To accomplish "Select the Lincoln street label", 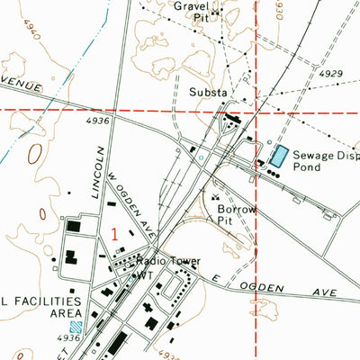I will pos(99,168).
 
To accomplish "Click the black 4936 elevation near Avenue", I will pos(99,119).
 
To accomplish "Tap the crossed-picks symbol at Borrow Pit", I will pos(215,196).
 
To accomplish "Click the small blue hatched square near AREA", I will pos(76,328).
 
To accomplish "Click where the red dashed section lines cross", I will pos(257,109).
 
